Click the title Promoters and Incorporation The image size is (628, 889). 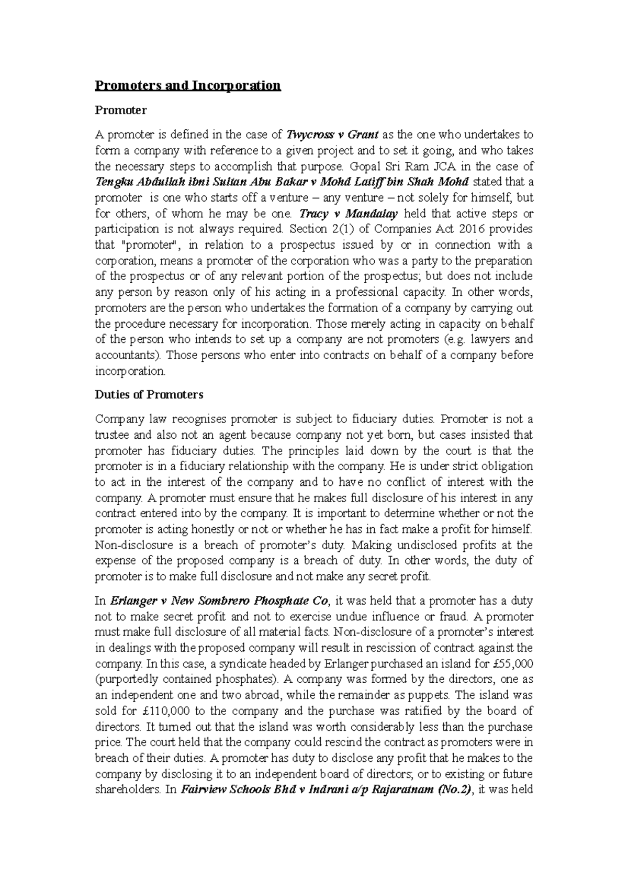point(187,85)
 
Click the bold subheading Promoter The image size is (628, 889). point(120,110)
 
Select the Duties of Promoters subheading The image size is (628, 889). point(149,395)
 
